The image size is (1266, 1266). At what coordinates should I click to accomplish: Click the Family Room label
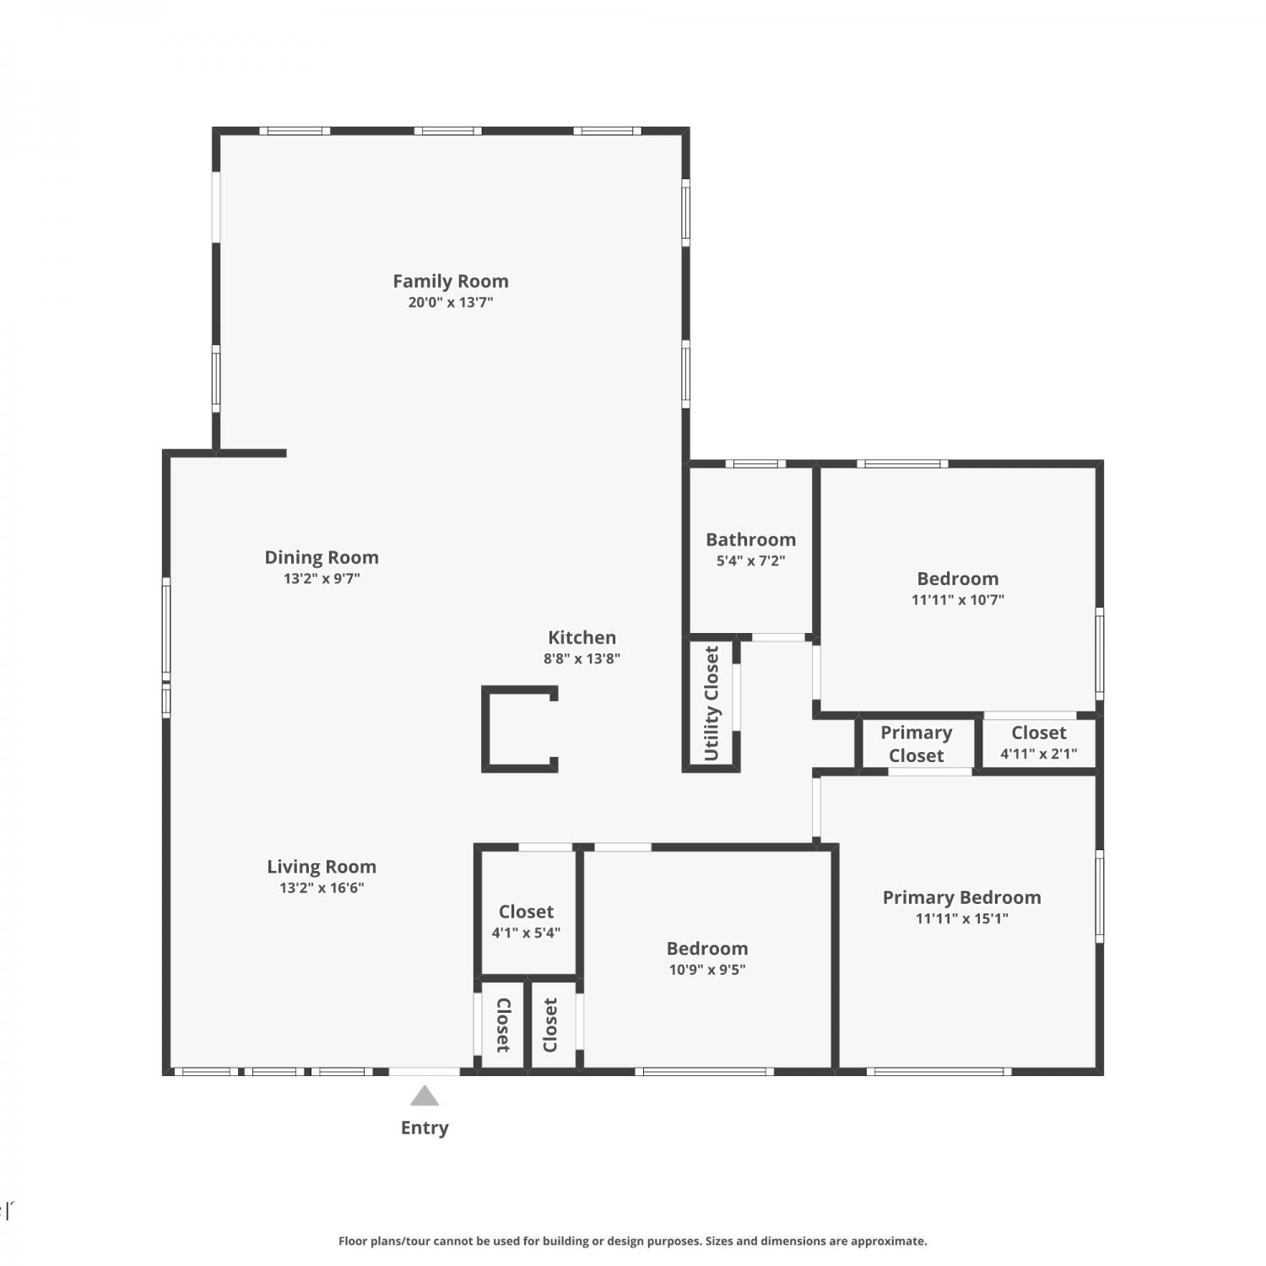coord(451,281)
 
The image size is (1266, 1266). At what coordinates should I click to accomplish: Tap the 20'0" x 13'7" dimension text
coord(451,302)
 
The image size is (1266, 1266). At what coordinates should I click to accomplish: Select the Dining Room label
coord(322,558)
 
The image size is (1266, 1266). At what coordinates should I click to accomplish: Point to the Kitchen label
coord(582,637)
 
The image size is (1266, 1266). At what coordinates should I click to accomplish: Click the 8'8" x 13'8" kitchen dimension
coord(582,658)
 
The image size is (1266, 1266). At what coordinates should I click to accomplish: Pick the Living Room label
coord(322,867)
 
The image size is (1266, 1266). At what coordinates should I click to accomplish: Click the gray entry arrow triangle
coord(425,1096)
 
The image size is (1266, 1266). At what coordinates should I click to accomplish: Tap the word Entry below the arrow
coord(425,1128)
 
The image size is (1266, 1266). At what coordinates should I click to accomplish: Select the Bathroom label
coord(751,539)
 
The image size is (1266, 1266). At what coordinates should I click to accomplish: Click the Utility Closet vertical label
coord(711,703)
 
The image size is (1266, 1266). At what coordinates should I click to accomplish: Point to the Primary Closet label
coord(917,744)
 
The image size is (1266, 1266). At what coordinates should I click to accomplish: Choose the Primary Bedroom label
coord(962,897)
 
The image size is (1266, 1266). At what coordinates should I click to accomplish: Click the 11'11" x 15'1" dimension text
coord(962,918)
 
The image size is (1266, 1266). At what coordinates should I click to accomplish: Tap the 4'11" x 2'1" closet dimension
coord(1039,754)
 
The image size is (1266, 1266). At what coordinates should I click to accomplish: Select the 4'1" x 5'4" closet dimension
coord(526,933)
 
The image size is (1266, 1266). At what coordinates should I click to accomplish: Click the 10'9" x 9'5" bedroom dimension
coord(707,970)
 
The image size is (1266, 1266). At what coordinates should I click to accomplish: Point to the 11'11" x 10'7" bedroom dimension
coord(958,600)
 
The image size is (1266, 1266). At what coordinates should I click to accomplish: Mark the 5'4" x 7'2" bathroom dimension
coord(751,560)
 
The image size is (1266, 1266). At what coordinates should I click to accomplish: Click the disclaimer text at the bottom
coord(633,1241)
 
